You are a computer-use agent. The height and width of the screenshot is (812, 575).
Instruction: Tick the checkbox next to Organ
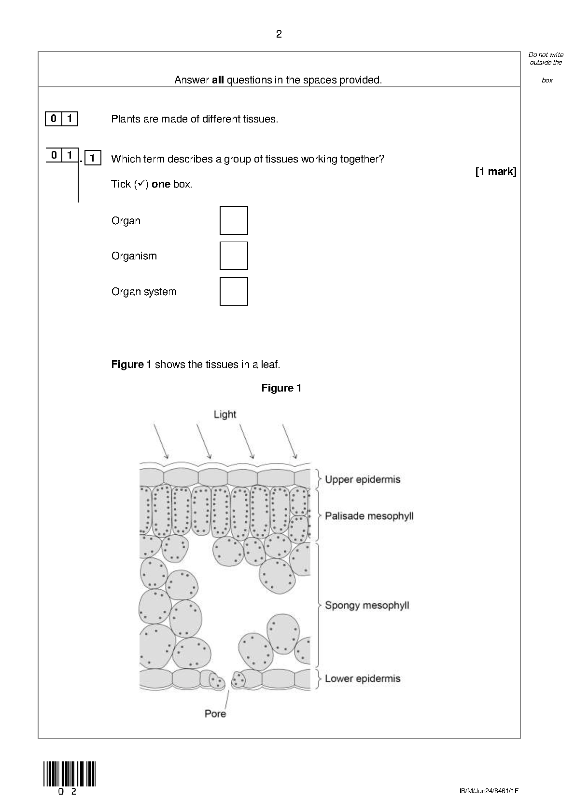click(x=234, y=220)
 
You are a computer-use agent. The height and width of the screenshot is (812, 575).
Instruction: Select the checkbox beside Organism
click(x=234, y=256)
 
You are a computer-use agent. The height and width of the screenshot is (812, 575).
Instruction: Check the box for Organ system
click(x=234, y=291)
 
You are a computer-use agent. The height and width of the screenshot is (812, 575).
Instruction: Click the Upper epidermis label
click(x=363, y=479)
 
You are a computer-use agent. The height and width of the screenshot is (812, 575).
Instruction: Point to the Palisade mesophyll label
click(x=369, y=516)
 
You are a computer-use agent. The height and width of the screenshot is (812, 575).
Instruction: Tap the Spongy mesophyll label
click(x=367, y=605)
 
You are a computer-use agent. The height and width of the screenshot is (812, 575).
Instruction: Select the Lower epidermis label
click(x=363, y=678)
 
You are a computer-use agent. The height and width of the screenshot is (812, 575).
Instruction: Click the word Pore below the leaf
click(x=215, y=713)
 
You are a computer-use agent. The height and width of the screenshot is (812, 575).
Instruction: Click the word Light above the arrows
click(x=225, y=414)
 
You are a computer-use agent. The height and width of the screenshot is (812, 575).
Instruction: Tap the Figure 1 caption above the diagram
click(x=281, y=388)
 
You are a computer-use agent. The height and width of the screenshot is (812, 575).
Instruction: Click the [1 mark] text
click(x=496, y=172)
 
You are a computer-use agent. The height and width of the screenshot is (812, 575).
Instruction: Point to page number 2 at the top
click(x=279, y=34)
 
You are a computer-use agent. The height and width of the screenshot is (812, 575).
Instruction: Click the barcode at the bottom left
click(x=70, y=774)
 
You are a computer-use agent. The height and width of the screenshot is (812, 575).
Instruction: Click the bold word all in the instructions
click(x=218, y=80)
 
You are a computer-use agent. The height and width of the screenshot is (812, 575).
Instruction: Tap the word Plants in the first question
click(x=124, y=119)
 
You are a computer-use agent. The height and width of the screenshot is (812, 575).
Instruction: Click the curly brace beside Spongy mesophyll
click(x=319, y=605)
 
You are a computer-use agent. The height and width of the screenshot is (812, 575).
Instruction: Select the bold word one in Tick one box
click(x=161, y=184)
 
